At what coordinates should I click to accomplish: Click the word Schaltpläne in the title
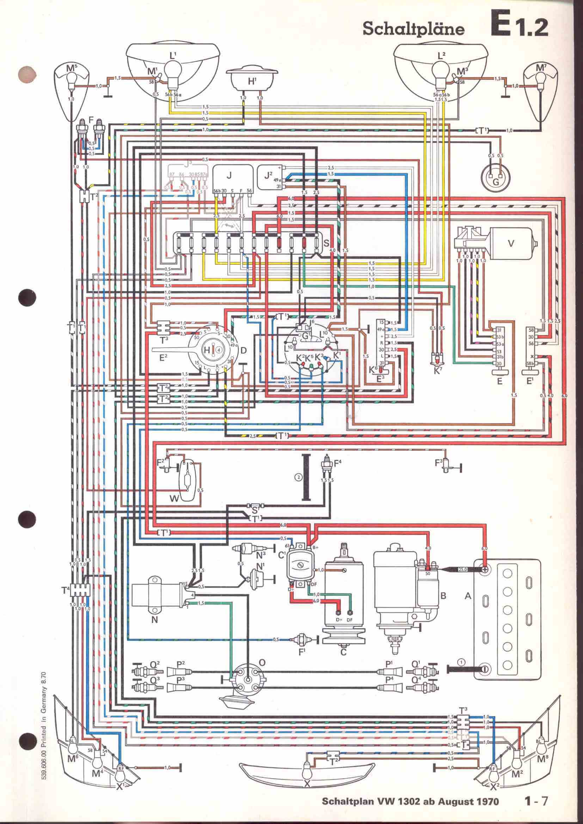pos(413,30)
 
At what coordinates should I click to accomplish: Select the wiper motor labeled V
pos(511,243)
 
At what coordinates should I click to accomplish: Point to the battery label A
pos(467,596)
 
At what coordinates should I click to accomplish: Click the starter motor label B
pos(443,596)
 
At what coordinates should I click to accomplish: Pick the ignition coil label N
pos(154,619)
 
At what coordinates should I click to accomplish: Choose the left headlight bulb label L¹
pos(173,56)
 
